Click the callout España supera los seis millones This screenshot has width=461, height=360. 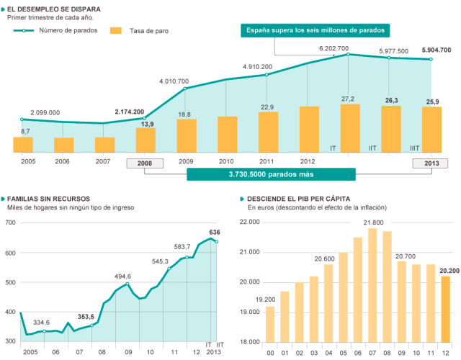coord(315,30)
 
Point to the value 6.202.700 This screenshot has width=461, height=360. coord(334,49)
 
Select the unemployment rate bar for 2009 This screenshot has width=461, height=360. coord(187,135)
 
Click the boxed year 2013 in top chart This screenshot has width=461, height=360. coord(431,162)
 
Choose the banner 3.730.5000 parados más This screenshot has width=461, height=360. coord(271,174)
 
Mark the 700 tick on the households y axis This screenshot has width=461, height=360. coord(10,222)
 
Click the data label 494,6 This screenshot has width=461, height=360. coord(124,276)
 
